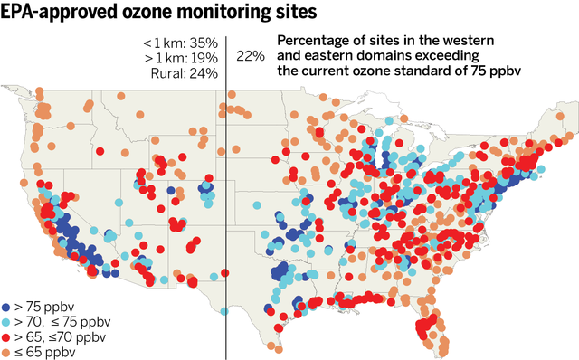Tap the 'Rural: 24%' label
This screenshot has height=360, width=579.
(x=181, y=73)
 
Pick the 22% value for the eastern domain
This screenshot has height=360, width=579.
(x=250, y=56)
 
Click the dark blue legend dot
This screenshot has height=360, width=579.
(x=7, y=308)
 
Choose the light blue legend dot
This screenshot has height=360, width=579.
(x=7, y=323)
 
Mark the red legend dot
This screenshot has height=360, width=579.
(x=7, y=337)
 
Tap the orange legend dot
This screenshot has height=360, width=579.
(x=7, y=352)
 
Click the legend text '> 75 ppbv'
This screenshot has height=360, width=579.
(x=44, y=308)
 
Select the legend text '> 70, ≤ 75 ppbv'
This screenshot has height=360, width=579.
(x=62, y=323)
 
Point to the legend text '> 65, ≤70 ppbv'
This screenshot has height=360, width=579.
(x=60, y=337)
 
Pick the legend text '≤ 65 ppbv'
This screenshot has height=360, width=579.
(x=44, y=352)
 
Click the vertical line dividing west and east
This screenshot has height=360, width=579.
(x=225, y=181)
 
